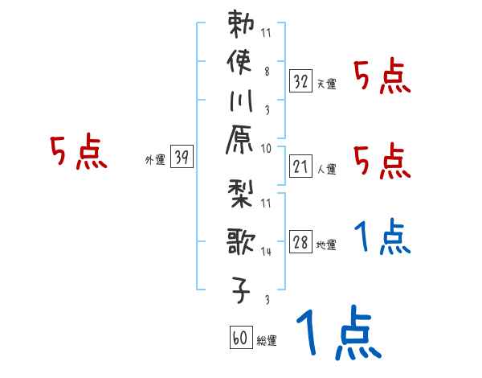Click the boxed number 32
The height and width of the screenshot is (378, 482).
click(x=301, y=80)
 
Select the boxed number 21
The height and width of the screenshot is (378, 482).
click(x=301, y=167)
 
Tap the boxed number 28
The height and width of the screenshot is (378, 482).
click(x=301, y=244)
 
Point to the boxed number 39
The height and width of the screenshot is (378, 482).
click(x=182, y=158)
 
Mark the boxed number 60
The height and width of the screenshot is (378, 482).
click(x=239, y=339)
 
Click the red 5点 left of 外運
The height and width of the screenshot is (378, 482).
click(x=78, y=152)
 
